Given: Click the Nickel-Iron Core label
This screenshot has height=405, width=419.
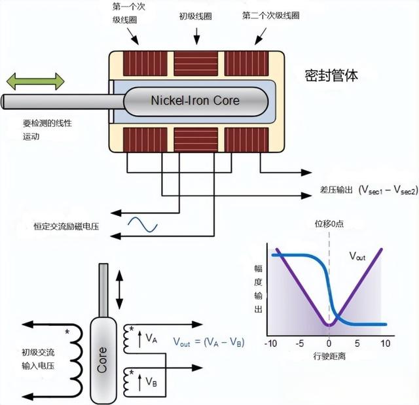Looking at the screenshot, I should pos(195,101).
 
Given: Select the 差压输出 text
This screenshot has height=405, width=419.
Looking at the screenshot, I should pos(337,190).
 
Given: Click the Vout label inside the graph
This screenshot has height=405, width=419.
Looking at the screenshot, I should pos(357,256).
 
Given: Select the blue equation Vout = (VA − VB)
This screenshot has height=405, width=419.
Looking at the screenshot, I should pos(208,342).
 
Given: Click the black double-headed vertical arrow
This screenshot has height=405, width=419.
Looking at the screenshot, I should pos(118,288).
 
